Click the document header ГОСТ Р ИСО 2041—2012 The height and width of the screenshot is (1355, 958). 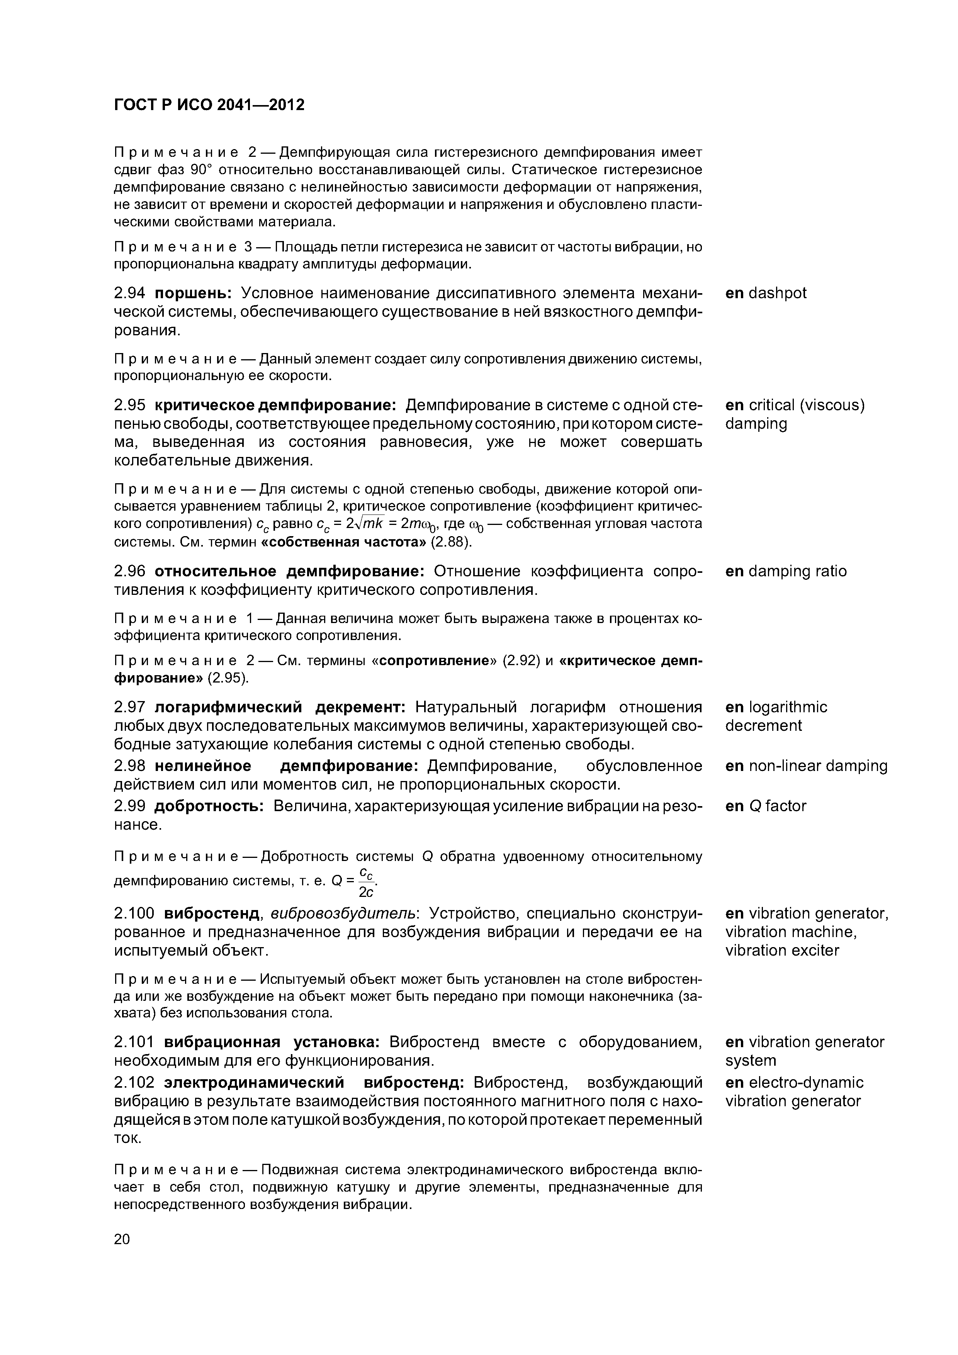209,105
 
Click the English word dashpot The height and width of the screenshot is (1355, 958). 777,293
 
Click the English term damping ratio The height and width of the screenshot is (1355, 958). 797,571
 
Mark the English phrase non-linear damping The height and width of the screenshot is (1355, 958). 817,766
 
